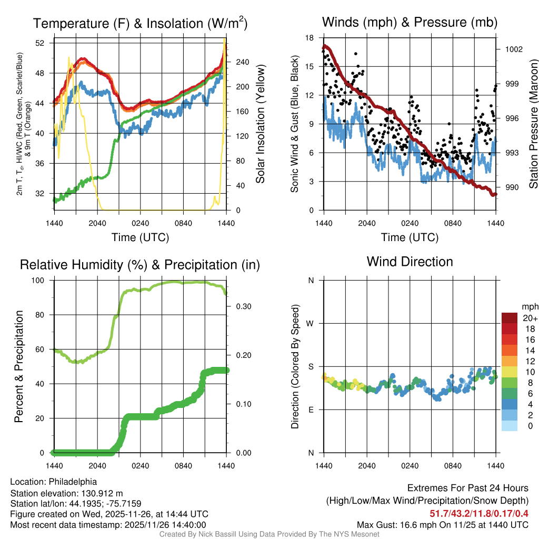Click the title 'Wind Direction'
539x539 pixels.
(x=410, y=262)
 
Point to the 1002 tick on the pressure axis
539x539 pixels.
(x=513, y=49)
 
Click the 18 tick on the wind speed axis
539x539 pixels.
(x=310, y=38)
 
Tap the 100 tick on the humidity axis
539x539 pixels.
(x=41, y=281)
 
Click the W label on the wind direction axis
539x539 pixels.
(x=311, y=324)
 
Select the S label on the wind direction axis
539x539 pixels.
(x=311, y=367)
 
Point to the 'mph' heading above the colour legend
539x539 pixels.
(x=530, y=307)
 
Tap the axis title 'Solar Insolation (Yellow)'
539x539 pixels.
(x=260, y=124)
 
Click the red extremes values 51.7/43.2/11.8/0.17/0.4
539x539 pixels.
(x=479, y=513)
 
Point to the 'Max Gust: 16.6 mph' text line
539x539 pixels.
(x=403, y=524)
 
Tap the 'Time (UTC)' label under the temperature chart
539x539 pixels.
(x=140, y=237)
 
